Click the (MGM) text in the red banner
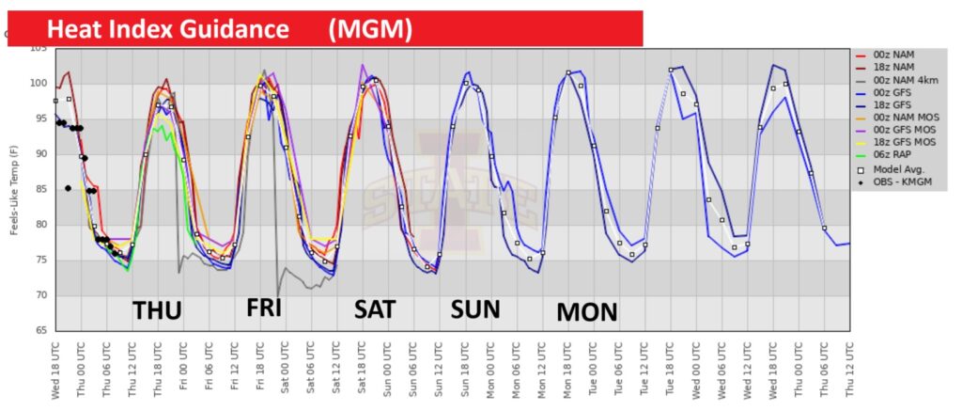coord(370,29)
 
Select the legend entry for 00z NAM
coord(898,55)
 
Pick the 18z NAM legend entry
coord(898,68)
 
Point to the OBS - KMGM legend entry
coord(907,181)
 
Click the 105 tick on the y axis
coord(39,49)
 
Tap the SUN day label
coord(475,308)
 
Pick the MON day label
coord(587,311)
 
